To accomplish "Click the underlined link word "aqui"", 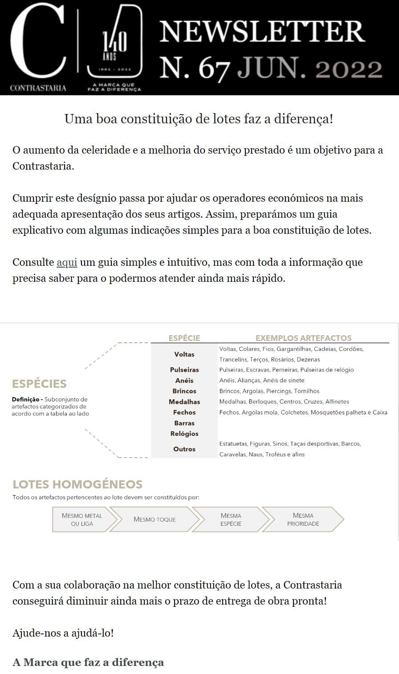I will (67, 263).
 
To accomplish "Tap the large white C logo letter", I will (38, 42).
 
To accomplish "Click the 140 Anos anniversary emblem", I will (114, 45).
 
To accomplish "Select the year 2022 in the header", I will (348, 69).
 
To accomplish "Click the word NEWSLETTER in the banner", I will (262, 32).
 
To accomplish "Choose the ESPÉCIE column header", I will (184, 338).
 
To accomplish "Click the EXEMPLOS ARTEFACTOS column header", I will (303, 338).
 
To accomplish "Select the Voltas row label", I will (184, 354).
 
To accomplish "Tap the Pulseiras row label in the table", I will (184, 370).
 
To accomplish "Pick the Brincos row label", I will (184, 391).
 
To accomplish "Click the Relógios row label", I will (184, 434).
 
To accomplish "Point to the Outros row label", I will (184, 449).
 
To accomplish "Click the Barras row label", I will (184, 423).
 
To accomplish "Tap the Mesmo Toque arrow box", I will (155, 520).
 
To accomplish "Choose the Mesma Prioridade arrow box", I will (303, 520).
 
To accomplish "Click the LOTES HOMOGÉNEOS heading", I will (77, 484).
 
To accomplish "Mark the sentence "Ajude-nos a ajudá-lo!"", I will (63, 633).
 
